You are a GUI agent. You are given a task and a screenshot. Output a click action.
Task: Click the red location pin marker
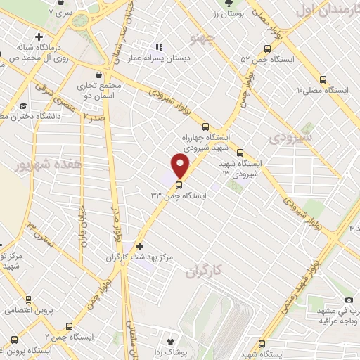pyautogui.click(x=181, y=166)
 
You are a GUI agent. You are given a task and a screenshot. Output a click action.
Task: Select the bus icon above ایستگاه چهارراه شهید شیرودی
pyautogui.click(x=205, y=127)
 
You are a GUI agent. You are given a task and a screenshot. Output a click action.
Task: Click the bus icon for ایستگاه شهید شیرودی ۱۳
pyautogui.click(x=240, y=153)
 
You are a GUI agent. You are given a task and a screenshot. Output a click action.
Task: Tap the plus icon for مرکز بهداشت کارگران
pyautogui.click(x=140, y=246)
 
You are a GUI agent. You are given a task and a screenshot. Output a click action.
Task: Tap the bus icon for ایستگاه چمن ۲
pyautogui.click(x=69, y=326)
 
